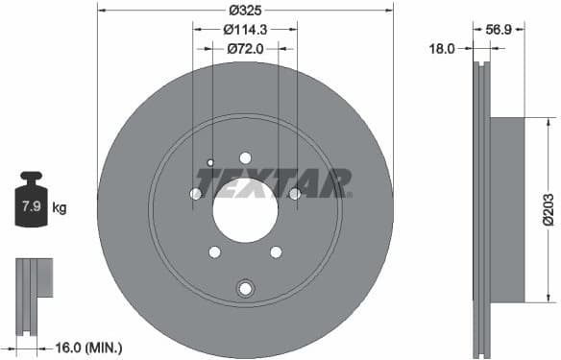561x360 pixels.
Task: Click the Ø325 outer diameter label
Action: point(245,11)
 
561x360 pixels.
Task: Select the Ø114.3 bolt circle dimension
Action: point(245,29)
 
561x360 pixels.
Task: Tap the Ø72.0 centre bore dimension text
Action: point(244,46)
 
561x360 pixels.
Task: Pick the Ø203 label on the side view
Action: point(547,207)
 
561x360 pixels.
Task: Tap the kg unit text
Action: point(60,207)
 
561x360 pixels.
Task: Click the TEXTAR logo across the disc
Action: point(273,181)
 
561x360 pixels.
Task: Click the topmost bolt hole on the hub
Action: point(245,157)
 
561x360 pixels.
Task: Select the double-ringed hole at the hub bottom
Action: point(245,288)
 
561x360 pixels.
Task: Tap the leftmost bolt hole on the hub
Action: point(196,194)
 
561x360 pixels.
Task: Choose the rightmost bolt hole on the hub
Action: point(294,194)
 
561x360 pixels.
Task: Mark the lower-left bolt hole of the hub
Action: point(214,252)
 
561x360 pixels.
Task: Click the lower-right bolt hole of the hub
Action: point(276,252)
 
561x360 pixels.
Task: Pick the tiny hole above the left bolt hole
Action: point(210,162)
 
